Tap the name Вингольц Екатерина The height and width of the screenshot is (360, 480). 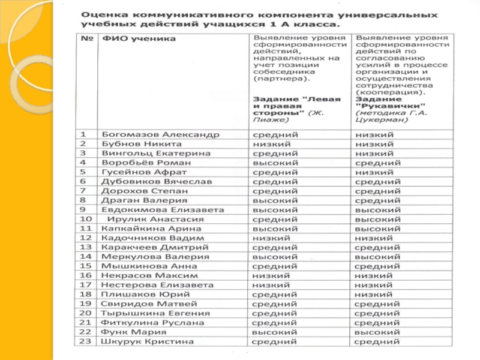pyautogui.click(x=156, y=154)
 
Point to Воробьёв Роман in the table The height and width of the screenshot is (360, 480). pyautogui.click(x=146, y=163)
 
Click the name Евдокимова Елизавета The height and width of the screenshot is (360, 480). pyautogui.click(x=163, y=210)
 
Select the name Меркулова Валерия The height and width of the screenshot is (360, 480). pyautogui.click(x=155, y=257)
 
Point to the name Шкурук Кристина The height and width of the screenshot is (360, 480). pyautogui.click(x=148, y=341)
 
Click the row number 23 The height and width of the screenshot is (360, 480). pyautogui.click(x=85, y=341)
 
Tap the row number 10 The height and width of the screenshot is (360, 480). pyautogui.click(x=85, y=219)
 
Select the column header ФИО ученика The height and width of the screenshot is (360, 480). pyautogui.click(x=139, y=39)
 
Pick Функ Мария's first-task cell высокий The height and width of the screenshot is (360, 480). pyautogui.click(x=275, y=332)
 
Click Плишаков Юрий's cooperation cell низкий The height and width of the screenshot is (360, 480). pyautogui.click(x=374, y=295)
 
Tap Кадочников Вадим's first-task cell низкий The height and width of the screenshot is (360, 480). pyautogui.click(x=272, y=238)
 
